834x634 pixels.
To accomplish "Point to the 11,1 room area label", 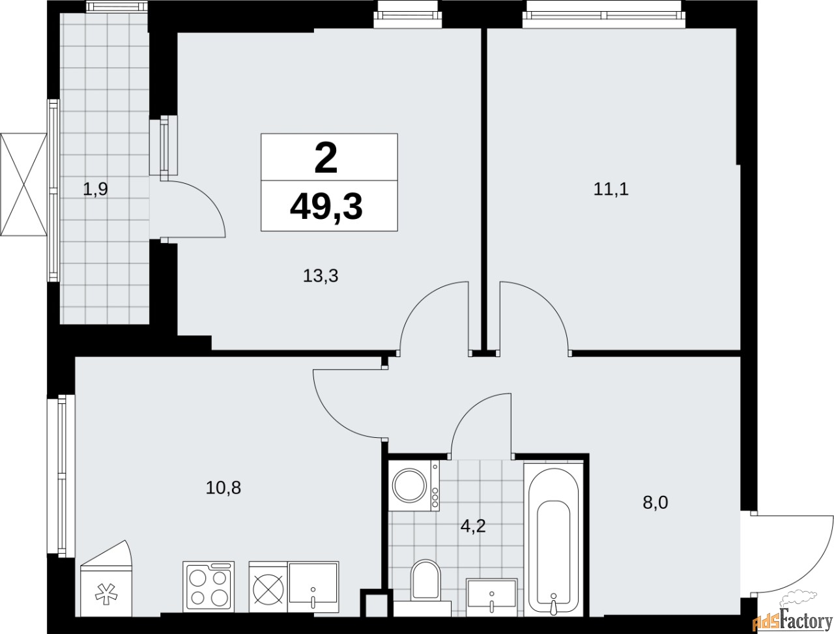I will click(x=611, y=190).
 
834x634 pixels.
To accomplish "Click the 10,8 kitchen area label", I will click(x=223, y=487).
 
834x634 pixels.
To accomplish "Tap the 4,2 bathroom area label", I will click(x=474, y=525).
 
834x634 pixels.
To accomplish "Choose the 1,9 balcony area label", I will click(x=94, y=190).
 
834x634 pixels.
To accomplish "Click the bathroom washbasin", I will click(x=492, y=595).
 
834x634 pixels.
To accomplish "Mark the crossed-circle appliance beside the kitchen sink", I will click(x=268, y=586).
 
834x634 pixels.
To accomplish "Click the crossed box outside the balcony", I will click(x=24, y=184).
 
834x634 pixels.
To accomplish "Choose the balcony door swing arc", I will click(x=199, y=209).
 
